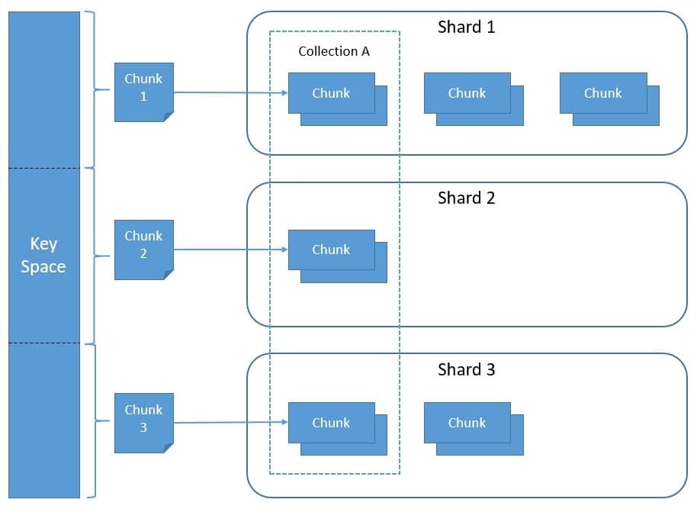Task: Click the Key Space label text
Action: coord(43,255)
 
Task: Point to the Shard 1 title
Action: coord(466,27)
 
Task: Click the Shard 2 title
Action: coord(466,198)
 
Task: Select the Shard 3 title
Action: coord(466,370)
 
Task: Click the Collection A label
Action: coord(333,52)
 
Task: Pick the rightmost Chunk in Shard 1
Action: coord(603,93)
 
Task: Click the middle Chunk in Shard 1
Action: coord(467,93)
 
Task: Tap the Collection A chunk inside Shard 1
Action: coord(331,93)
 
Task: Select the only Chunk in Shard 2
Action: coord(331,250)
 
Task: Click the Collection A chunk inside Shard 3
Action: coord(331,423)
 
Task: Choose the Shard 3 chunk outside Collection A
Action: coord(467,423)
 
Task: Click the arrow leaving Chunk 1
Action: coord(229,92)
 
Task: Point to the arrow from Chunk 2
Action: coord(229,250)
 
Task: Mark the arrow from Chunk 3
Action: coord(229,422)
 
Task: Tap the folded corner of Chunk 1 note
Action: coord(169,116)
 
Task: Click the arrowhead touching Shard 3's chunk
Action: coord(284,422)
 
